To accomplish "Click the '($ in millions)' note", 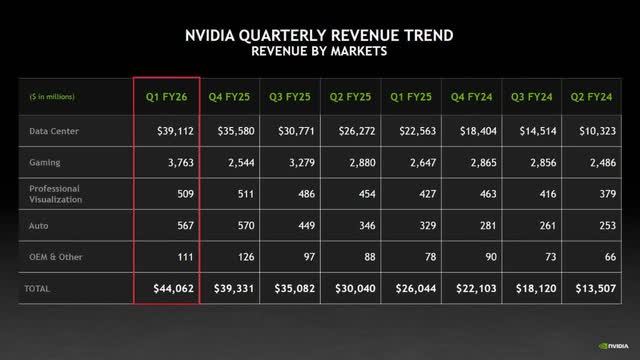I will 46,97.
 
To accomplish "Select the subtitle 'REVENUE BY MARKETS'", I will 320,50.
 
